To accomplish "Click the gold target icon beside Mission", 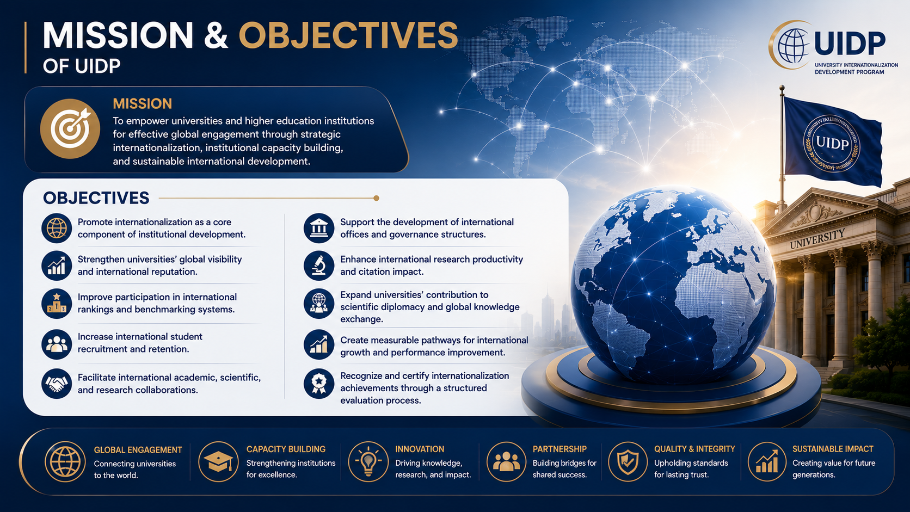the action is pyautogui.click(x=70, y=129).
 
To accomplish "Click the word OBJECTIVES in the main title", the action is pyautogui.click(x=348, y=35).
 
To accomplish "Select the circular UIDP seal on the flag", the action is pyautogui.click(x=832, y=143).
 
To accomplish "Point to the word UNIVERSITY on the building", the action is pyautogui.click(x=817, y=239).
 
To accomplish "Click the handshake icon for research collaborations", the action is pyautogui.click(x=57, y=384).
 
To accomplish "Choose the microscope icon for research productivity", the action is pyautogui.click(x=319, y=266).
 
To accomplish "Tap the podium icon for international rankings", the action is pyautogui.click(x=57, y=304).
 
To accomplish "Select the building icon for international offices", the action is pyautogui.click(x=319, y=228).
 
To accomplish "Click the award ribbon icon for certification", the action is pyautogui.click(x=319, y=384).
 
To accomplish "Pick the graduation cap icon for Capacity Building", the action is pyautogui.click(x=219, y=461).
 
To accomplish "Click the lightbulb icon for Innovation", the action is pyautogui.click(x=368, y=461).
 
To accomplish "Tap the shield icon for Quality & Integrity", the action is pyautogui.click(x=628, y=461).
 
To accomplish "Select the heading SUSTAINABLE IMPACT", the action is pyautogui.click(x=833, y=449).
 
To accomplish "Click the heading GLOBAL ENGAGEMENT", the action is pyautogui.click(x=138, y=450).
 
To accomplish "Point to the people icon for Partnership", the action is pyautogui.click(x=506, y=461).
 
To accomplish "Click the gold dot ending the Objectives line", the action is pyautogui.click(x=376, y=198).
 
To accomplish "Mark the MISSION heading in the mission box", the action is pyautogui.click(x=142, y=104).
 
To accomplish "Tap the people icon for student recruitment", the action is pyautogui.click(x=57, y=344).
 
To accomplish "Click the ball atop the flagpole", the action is pyautogui.click(x=782, y=88).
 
